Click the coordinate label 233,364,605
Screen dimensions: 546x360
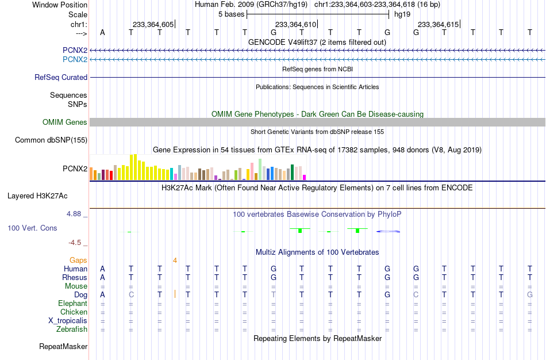click(x=153, y=24)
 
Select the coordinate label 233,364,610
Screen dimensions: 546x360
click(x=295, y=24)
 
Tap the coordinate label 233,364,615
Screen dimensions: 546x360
click(x=438, y=24)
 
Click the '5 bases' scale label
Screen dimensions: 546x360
click(x=231, y=14)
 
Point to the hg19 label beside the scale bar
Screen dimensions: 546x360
click(x=402, y=14)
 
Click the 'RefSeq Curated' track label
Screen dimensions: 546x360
click(x=61, y=78)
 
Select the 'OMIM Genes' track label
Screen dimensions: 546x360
click(x=65, y=122)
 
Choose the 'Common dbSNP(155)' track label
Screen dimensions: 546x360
click(x=51, y=140)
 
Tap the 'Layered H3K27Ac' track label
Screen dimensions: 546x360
click(x=37, y=196)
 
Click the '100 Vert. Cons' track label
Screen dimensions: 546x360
click(x=32, y=228)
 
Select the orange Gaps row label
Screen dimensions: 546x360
click(x=78, y=261)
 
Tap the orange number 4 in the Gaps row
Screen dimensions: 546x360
click(x=175, y=261)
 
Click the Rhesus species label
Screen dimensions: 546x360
click(x=75, y=277)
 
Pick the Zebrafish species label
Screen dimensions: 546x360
click(x=72, y=330)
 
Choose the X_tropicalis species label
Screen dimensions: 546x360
click(x=68, y=321)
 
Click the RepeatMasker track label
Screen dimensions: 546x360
click(x=63, y=346)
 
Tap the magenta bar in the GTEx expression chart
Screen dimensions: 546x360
click(x=305, y=177)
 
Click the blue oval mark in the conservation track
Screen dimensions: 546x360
click(x=388, y=231)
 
